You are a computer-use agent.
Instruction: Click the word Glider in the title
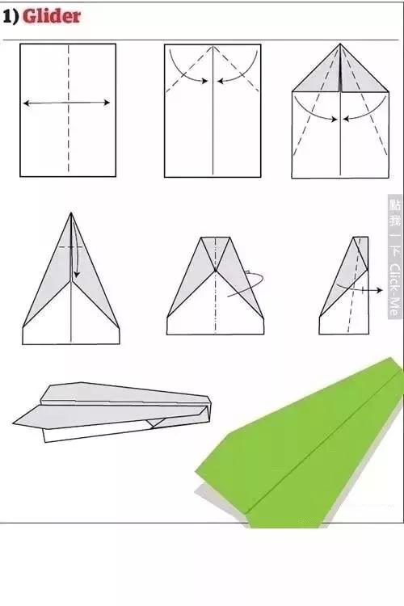52,16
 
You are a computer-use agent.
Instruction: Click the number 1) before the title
11,17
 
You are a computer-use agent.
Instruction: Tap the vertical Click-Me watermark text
393,290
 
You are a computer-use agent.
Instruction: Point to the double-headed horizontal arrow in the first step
66,103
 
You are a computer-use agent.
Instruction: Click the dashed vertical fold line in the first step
69,109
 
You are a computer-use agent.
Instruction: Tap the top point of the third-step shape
340,44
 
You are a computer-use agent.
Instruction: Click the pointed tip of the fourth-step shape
71,213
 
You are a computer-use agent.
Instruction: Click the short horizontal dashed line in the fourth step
70,246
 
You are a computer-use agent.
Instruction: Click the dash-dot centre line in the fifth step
216,286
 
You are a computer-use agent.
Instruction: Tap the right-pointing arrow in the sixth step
360,288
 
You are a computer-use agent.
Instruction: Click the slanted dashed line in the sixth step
354,285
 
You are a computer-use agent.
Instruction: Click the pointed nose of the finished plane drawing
14,423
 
